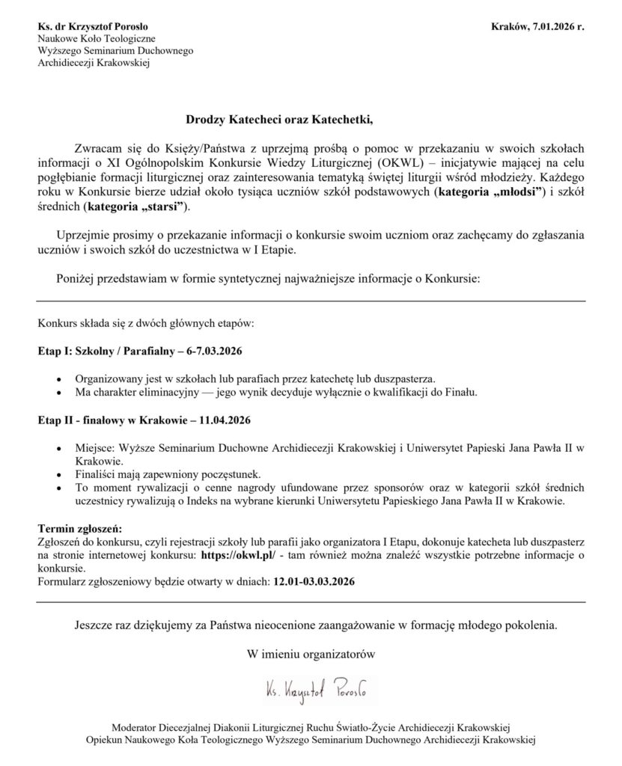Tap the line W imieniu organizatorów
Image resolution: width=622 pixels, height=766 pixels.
[310, 653]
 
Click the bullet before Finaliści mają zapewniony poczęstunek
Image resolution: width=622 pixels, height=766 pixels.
[61, 474]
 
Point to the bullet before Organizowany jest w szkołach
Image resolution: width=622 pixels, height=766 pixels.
[61, 378]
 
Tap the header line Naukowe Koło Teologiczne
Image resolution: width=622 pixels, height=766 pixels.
[97, 40]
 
